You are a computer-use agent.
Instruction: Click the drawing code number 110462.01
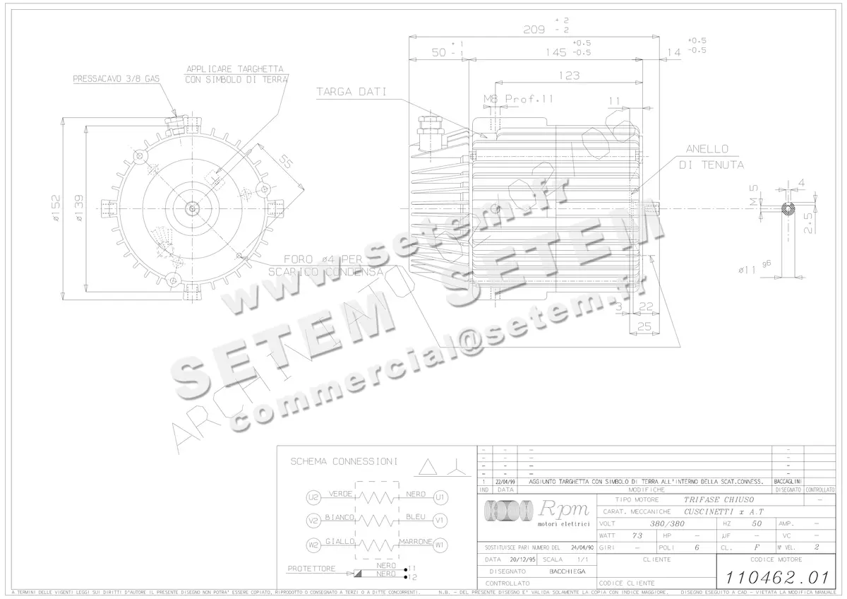point(771,575)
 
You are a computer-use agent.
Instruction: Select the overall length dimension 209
point(535,30)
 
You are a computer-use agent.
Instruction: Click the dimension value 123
point(569,76)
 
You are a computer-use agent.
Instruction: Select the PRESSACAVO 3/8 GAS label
point(116,80)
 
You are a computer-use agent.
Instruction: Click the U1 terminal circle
point(440,497)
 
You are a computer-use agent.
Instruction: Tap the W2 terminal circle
point(313,545)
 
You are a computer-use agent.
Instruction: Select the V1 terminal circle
point(440,521)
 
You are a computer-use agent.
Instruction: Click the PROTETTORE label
point(311,569)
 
